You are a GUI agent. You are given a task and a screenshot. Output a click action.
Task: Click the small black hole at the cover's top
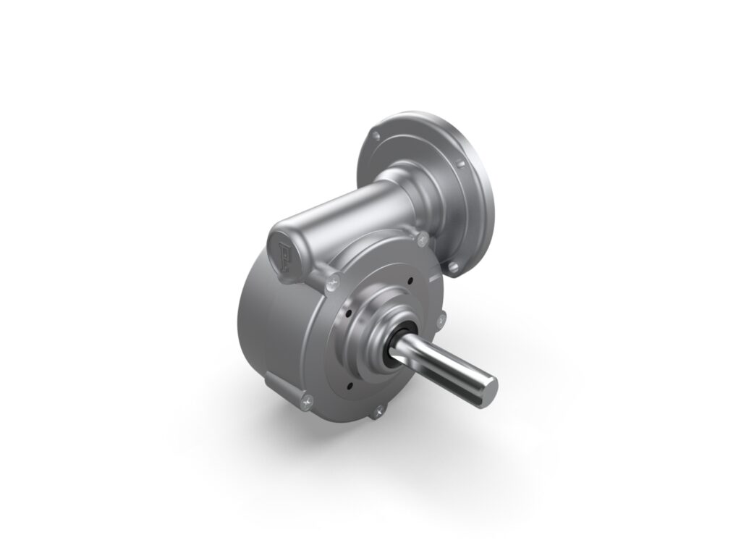[x=410, y=283]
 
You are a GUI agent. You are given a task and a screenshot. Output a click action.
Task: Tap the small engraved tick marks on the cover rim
[x=433, y=277]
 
